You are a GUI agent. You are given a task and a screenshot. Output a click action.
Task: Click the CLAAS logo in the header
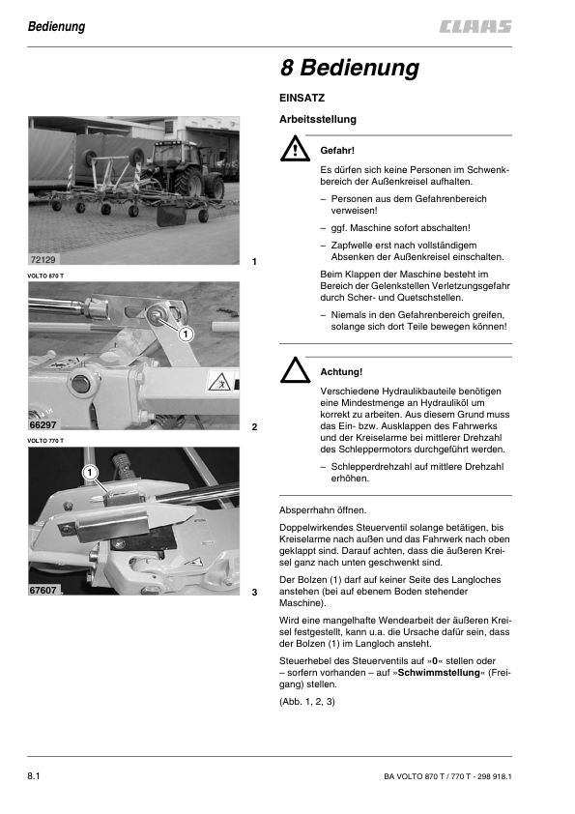click(x=473, y=27)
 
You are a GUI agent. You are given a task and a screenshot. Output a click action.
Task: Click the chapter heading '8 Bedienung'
click(x=349, y=69)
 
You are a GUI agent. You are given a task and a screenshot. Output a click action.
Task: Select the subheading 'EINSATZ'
click(x=302, y=99)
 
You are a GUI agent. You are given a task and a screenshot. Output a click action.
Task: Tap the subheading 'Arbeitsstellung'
click(x=317, y=120)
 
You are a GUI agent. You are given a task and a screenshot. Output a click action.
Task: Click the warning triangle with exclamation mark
click(x=293, y=151)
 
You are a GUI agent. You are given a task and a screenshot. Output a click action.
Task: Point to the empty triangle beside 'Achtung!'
click(x=293, y=370)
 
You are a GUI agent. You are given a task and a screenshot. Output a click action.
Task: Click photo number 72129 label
click(x=43, y=261)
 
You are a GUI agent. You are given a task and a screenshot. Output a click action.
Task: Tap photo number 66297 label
click(x=43, y=425)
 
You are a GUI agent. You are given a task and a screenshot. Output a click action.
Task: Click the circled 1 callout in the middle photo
click(x=187, y=333)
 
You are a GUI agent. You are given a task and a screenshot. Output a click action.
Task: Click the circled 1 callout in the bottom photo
click(x=89, y=473)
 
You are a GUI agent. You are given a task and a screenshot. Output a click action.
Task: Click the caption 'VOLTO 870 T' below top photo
click(x=46, y=276)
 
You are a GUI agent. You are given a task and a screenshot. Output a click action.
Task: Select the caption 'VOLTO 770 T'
click(x=46, y=440)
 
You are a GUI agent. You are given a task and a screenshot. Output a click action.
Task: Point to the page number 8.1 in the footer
click(x=39, y=776)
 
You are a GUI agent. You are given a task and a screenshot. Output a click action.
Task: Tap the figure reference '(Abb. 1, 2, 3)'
click(x=306, y=701)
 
